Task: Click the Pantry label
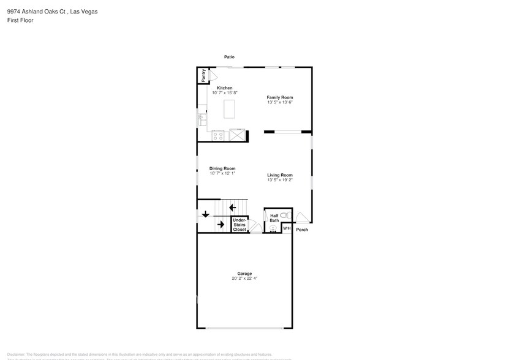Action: click(x=203, y=75)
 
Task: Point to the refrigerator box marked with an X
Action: click(x=236, y=135)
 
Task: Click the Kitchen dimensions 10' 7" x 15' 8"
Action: click(x=224, y=92)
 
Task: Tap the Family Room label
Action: click(x=279, y=97)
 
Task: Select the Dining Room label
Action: click(x=222, y=168)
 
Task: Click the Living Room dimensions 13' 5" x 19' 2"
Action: click(x=279, y=180)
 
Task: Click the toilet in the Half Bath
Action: click(x=283, y=216)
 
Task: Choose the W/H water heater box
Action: click(x=286, y=228)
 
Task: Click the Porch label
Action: click(x=302, y=230)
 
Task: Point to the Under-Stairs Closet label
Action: click(x=239, y=224)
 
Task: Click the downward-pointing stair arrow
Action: click(x=205, y=214)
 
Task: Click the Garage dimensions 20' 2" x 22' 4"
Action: click(x=244, y=278)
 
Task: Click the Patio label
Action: click(x=229, y=57)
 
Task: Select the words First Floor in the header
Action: click(x=20, y=20)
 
